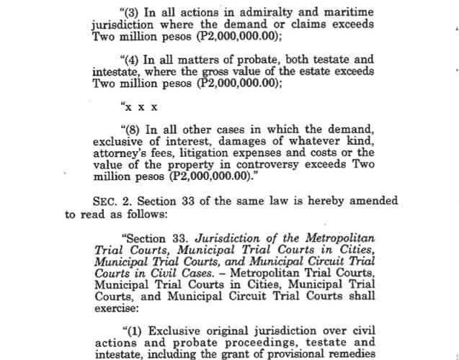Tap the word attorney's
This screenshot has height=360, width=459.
coord(119,153)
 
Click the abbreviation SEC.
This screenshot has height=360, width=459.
coord(104,202)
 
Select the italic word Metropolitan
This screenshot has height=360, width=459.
coord(339,238)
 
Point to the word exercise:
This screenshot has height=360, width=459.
coord(116,305)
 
